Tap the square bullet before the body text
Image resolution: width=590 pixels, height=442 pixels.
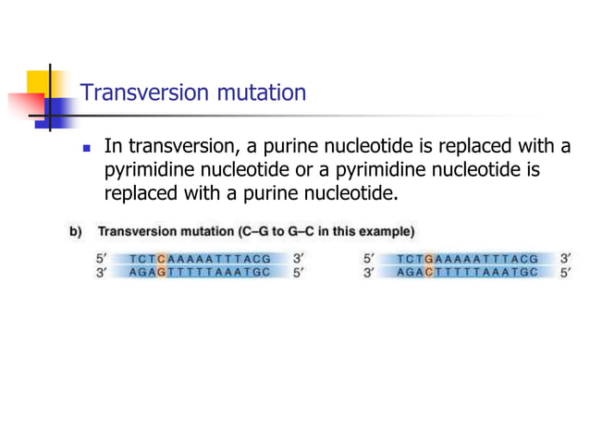pyautogui.click(x=87, y=148)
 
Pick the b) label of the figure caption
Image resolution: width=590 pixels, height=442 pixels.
pyautogui.click(x=76, y=230)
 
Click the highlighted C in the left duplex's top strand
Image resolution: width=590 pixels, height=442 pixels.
pyautogui.click(x=161, y=259)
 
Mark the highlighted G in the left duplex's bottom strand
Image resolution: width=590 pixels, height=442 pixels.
pyautogui.click(x=161, y=273)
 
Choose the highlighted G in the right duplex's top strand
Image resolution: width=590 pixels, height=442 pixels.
pyautogui.click(x=428, y=259)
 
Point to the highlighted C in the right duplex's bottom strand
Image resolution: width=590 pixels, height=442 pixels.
pyautogui.click(x=428, y=273)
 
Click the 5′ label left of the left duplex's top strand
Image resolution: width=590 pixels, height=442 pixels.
pyautogui.click(x=102, y=259)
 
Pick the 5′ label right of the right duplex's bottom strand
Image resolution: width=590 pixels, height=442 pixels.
pyautogui.click(x=566, y=273)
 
